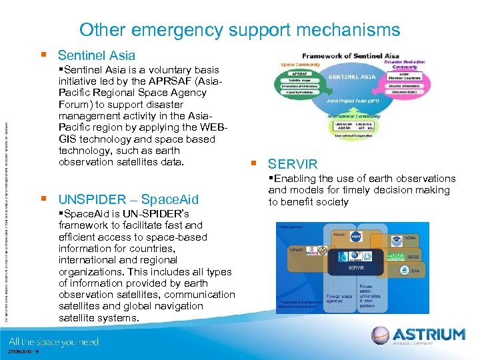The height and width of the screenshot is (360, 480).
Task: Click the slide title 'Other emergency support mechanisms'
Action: tap(239, 30)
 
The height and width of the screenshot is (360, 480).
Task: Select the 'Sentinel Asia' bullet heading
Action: tap(96, 55)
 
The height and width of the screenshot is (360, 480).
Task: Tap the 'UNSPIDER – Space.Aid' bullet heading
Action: tap(128, 199)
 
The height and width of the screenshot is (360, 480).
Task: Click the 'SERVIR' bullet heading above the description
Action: tap(293, 164)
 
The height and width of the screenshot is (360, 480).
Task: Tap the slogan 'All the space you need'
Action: tap(54, 341)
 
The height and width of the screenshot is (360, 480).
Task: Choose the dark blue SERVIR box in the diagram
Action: tap(357, 267)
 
